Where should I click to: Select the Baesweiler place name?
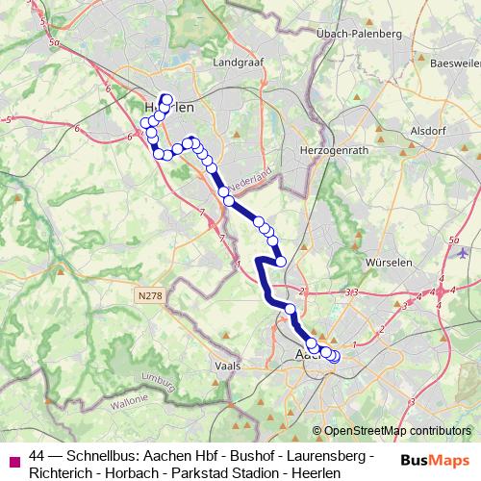click(454, 63)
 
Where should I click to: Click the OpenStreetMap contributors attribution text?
click(395, 431)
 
